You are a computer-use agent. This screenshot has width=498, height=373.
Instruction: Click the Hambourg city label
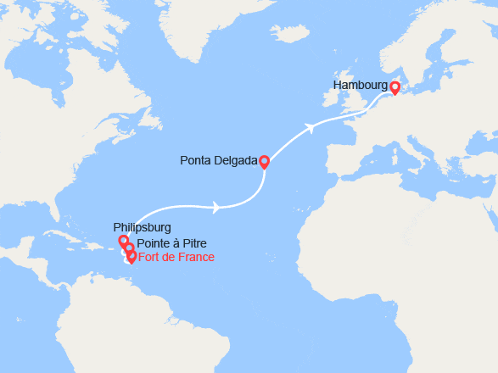(x=361, y=86)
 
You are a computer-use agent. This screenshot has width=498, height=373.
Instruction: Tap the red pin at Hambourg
(x=394, y=86)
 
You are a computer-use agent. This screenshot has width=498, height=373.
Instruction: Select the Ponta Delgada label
(x=219, y=159)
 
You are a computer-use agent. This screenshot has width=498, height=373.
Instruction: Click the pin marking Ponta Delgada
(x=264, y=161)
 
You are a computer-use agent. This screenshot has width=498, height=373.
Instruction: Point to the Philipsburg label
(x=143, y=227)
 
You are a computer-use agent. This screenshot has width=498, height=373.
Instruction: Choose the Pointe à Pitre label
(x=171, y=243)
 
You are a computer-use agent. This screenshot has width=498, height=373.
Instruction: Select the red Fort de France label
(x=176, y=257)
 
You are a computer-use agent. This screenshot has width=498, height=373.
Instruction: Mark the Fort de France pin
(x=131, y=256)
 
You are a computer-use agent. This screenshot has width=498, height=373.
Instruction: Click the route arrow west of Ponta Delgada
(x=217, y=206)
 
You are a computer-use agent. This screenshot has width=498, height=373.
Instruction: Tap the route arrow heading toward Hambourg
(x=311, y=129)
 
